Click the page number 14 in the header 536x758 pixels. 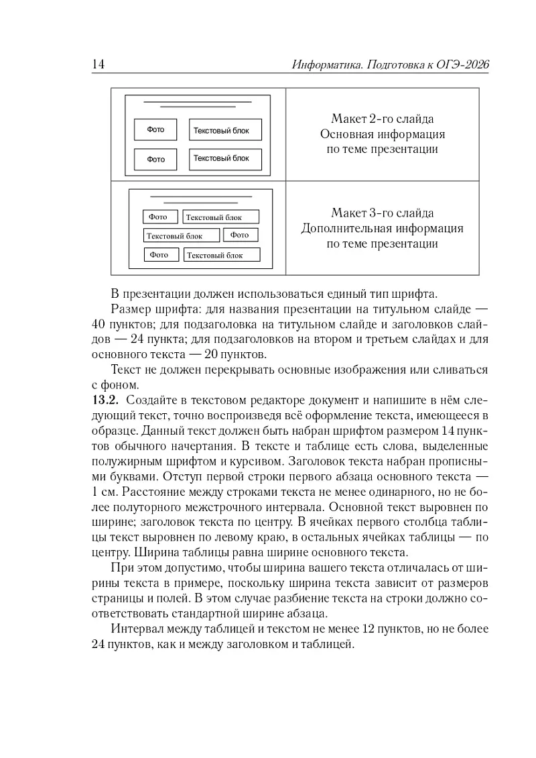(97, 64)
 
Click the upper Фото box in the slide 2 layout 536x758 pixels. (155, 130)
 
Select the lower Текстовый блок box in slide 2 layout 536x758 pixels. (225, 159)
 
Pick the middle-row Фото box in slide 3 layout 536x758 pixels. (240, 235)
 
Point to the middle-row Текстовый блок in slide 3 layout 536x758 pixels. (182, 235)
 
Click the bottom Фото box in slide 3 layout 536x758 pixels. (161, 255)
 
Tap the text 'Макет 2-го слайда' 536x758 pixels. (383, 119)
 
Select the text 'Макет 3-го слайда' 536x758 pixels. (383, 213)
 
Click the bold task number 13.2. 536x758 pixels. (103, 400)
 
